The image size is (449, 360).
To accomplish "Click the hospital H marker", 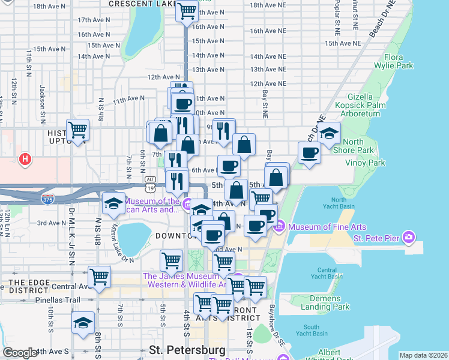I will point(25,159).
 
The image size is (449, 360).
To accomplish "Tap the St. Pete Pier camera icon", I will point(409,237).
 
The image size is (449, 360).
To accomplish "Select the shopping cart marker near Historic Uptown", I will point(77,130).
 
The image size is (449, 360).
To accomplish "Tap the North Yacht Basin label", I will point(342,203).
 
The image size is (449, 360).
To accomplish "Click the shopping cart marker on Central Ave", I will point(99,277).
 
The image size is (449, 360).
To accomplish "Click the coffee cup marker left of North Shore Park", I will point(309,152).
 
